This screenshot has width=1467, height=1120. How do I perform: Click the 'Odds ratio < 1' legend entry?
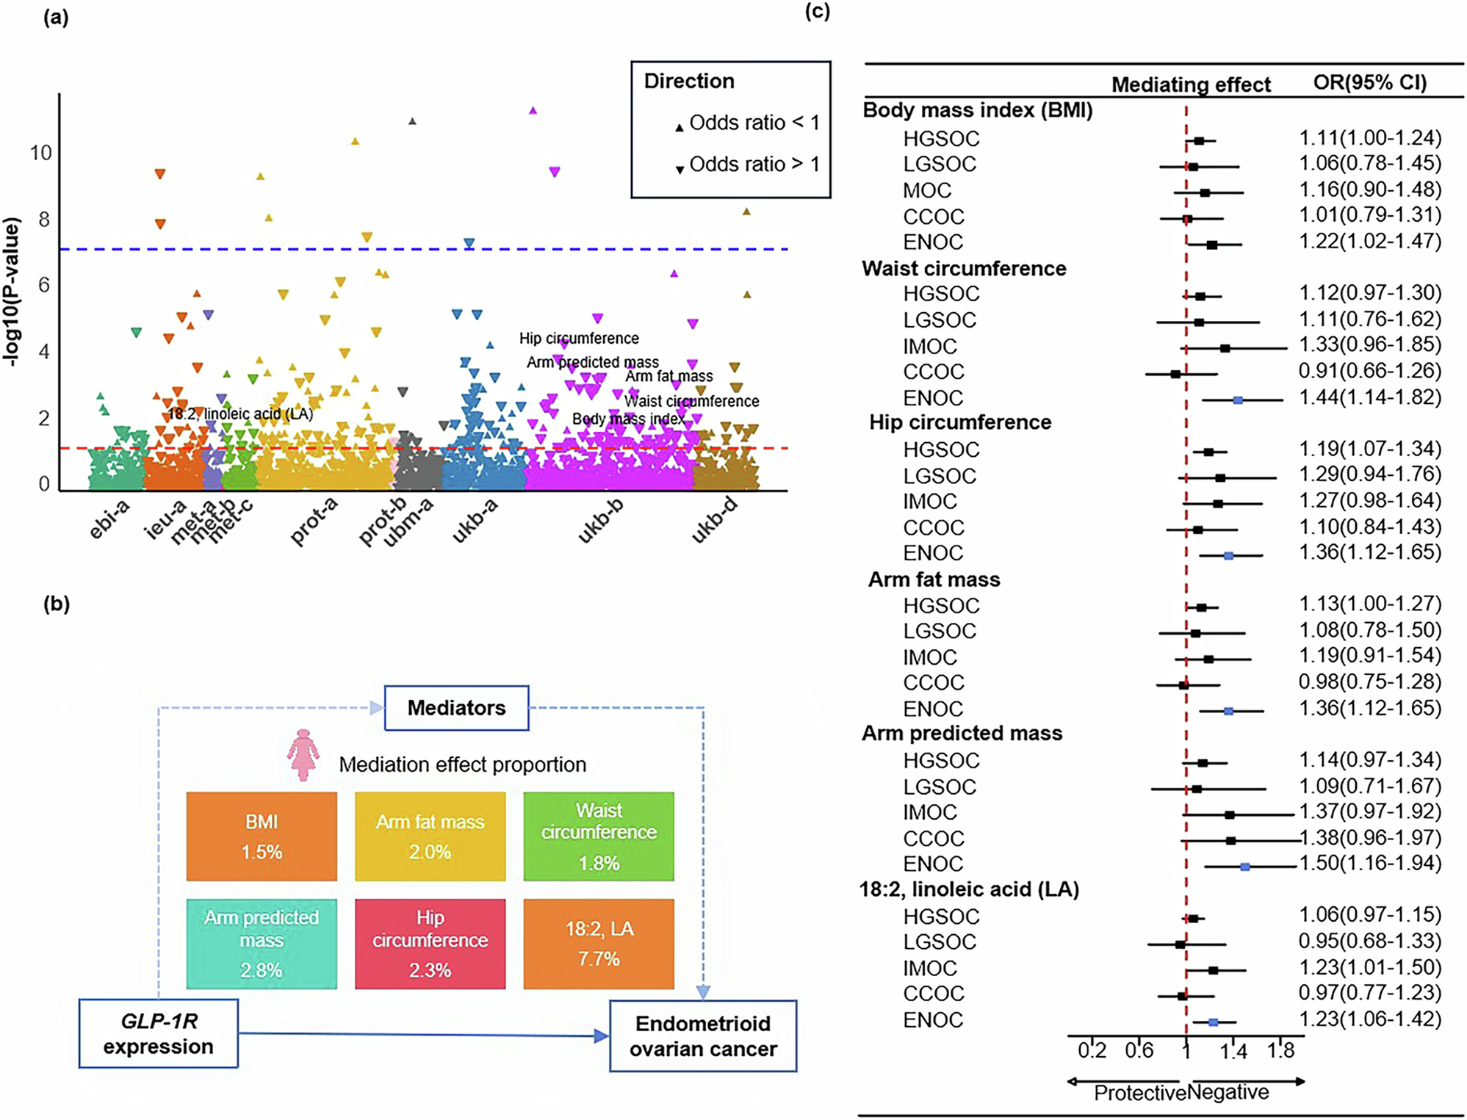coord(753,123)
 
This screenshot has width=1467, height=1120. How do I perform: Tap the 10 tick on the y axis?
coord(40,153)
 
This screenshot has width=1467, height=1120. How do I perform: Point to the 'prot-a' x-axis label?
coord(314,521)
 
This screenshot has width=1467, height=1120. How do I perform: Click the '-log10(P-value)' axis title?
coord(11,292)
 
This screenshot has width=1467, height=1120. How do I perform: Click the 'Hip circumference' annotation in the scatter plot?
coord(579,339)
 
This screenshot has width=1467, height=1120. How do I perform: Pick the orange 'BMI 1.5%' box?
coord(262,837)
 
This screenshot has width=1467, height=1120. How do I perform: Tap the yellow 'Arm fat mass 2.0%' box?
coord(430,837)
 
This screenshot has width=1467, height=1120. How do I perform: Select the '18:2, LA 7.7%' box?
coord(599,944)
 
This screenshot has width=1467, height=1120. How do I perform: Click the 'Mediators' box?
coord(456,708)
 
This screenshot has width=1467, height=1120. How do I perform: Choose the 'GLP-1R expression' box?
coord(158,1033)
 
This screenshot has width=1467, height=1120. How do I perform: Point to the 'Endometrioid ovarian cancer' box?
coord(703,1036)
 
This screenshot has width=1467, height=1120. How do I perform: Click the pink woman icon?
coord(303,755)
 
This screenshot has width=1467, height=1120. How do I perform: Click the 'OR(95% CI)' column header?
coord(1370,82)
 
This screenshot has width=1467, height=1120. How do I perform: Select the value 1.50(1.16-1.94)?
coord(1370,863)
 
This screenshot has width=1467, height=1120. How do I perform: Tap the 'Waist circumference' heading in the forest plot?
coord(964,269)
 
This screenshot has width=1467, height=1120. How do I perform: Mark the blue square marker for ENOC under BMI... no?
coord(1212,245)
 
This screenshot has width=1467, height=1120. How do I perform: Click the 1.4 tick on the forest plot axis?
coord(1233,1051)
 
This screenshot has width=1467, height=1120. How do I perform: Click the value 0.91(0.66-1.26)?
coord(1370,371)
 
